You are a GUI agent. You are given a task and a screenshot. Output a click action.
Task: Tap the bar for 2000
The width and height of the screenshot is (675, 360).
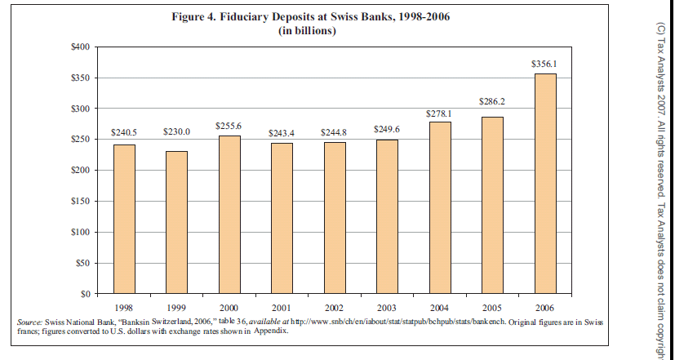tap(229, 214)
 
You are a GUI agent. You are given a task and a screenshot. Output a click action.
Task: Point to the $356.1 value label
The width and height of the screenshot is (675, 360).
tap(544, 63)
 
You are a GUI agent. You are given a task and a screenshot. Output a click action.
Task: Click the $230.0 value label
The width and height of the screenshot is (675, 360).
tap(176, 131)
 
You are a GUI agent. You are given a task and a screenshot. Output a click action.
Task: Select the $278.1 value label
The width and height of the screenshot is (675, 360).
tap(439, 113)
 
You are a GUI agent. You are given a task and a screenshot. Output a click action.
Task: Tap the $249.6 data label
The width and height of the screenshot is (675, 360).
tap(387, 129)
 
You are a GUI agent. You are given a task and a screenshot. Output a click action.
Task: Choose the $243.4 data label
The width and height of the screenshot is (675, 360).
tap(282, 132)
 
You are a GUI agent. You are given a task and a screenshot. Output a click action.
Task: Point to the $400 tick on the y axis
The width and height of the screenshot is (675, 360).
tap(79, 47)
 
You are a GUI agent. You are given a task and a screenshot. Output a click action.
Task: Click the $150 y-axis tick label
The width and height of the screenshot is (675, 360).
tap(79, 201)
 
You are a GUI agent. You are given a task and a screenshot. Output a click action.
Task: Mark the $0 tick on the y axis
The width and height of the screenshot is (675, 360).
tap(83, 293)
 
